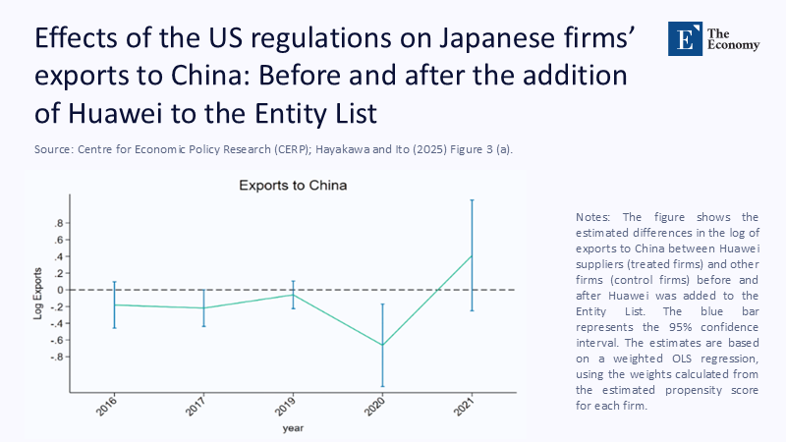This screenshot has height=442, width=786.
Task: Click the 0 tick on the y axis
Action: [62, 290]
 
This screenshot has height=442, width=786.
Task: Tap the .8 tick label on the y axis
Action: [61, 223]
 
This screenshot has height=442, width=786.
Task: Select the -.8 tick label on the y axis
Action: [59, 357]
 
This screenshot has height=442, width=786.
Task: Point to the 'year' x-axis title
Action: [293, 428]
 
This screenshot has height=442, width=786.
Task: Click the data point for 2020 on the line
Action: [382, 345]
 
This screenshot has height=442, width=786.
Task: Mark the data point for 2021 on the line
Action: [472, 255]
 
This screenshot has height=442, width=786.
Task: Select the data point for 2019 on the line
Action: [293, 295]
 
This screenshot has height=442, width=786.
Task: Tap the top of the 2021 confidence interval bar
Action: [472, 200]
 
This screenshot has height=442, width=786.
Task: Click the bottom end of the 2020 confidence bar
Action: [382, 386]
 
